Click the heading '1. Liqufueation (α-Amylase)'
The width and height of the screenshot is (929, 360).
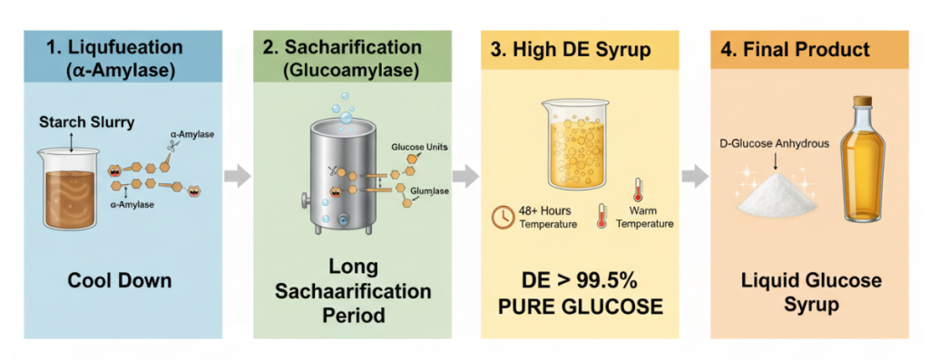[120, 57]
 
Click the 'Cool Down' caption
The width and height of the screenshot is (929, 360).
[120, 279]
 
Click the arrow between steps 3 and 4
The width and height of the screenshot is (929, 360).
[695, 176]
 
